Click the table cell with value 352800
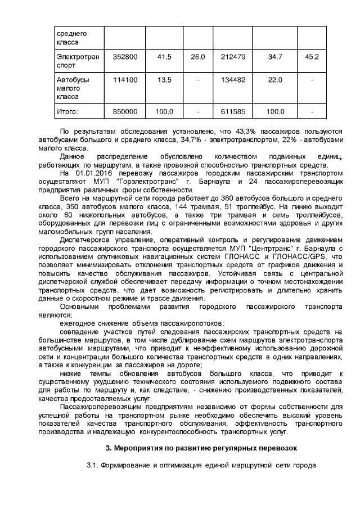click(x=125, y=57)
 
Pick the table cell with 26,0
click(x=197, y=57)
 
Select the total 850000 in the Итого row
click(x=125, y=112)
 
